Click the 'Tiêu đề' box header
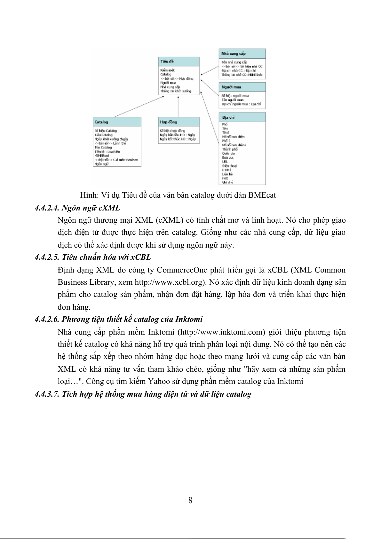[179, 61]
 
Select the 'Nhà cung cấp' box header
[242, 53]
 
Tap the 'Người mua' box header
[242, 87]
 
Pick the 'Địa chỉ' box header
[242, 117]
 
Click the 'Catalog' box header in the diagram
[117, 122]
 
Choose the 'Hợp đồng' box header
[179, 122]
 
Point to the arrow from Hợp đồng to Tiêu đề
[178, 107]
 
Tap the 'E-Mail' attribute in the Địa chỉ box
[226, 170]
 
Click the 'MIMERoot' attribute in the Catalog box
[102, 156]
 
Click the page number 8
[190, 500]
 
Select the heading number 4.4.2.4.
[47, 208]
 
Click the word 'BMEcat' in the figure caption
[262, 195]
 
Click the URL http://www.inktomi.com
[221, 332]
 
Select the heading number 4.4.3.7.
[47, 394]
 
